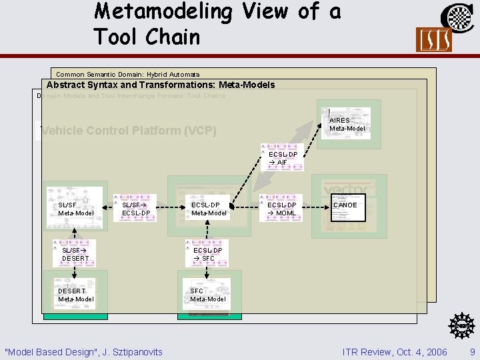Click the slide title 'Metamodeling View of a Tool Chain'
tap(217, 24)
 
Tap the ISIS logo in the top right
tap(433, 39)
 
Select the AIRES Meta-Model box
tap(346, 124)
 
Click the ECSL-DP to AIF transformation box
tap(283, 158)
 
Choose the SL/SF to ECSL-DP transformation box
tap(135, 209)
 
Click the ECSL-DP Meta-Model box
tap(209, 209)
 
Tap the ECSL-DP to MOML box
tap(282, 209)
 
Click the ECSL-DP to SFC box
tap(207, 254)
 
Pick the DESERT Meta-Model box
tap(75, 295)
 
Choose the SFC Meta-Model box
tap(207, 295)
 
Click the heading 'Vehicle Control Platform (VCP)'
tap(129, 131)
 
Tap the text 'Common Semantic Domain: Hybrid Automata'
tap(128, 74)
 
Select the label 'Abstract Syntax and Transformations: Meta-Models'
tap(161, 85)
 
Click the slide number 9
tap(472, 351)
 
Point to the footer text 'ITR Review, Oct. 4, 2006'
tap(394, 351)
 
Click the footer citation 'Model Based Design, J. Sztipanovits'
tap(83, 351)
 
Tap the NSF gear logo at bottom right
tap(462, 326)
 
